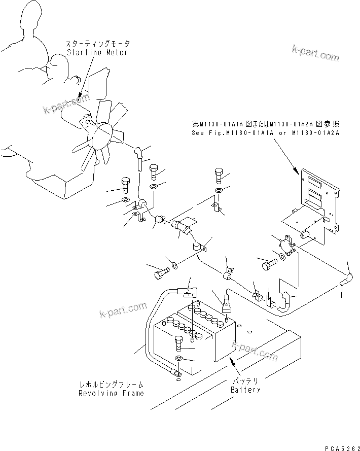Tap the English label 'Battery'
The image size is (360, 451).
tap(245, 390)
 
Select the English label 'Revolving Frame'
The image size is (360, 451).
tap(111, 393)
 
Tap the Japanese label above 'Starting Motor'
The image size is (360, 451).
tap(98, 45)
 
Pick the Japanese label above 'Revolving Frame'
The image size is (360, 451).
tap(111, 385)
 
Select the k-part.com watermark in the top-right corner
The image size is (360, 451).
tap(315, 53)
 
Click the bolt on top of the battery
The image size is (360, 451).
tap(179, 343)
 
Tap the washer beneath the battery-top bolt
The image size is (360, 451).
tap(179, 359)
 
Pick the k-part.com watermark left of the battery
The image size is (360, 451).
tap(123, 309)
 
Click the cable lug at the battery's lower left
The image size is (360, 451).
tap(176, 374)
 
